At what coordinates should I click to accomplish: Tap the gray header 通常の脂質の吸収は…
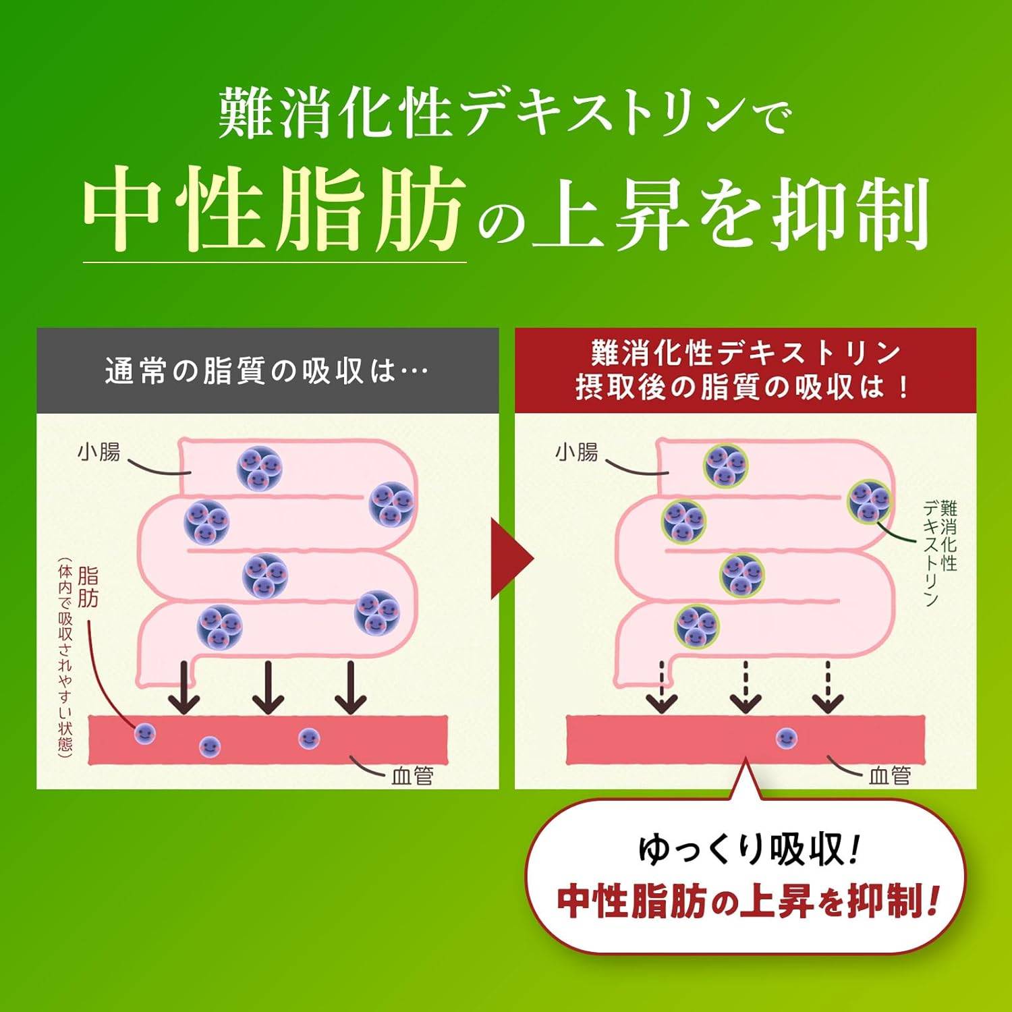267,370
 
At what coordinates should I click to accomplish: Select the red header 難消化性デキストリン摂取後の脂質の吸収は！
745,370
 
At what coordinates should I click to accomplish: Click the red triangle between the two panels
512,559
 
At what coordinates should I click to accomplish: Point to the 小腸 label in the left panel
99,451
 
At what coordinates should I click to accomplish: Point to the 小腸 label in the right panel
577,451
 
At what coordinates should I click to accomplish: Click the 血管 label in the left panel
412,776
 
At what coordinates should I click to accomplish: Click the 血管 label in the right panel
890,776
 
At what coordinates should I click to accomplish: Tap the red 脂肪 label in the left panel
88,587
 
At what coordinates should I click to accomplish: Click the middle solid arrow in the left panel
269,687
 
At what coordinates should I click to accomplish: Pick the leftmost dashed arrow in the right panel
662,687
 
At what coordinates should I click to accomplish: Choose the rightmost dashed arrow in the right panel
827,687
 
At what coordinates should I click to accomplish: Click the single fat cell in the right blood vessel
786,738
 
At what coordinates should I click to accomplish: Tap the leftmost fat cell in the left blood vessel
144,733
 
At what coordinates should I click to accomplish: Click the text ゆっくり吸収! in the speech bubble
748,849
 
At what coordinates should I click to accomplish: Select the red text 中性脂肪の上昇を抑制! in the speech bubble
748,901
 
